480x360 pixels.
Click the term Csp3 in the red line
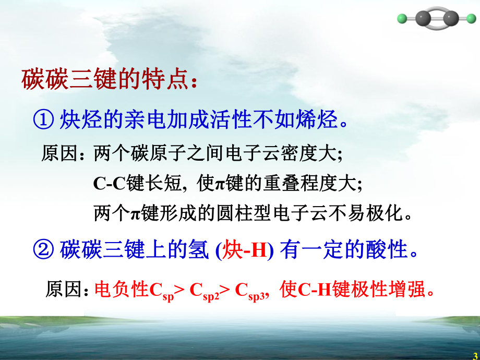coord(251,290)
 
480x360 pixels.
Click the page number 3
coord(475,355)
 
